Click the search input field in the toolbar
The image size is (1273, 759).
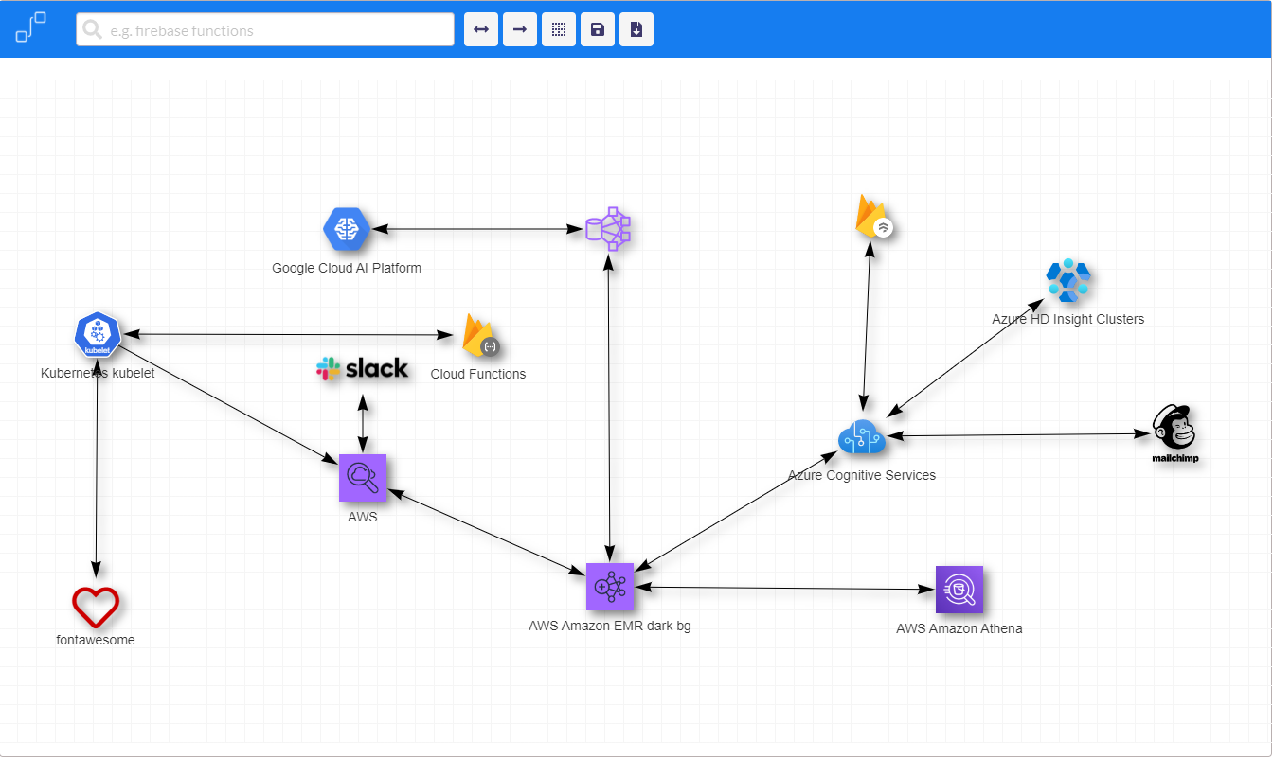(265, 30)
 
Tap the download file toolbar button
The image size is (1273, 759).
(636, 30)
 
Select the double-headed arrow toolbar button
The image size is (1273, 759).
(481, 30)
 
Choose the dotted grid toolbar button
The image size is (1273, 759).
(559, 30)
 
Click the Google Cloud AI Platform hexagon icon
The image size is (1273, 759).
(346, 229)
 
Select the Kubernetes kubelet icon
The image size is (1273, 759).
(98, 335)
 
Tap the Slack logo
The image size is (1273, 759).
(363, 369)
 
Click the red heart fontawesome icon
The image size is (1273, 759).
(96, 607)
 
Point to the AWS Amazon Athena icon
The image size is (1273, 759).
(959, 590)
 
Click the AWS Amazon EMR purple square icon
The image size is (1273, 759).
(609, 587)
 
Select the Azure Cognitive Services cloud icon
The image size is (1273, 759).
(862, 437)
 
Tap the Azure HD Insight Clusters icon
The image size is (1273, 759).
(1068, 281)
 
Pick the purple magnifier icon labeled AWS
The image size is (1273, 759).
(363, 478)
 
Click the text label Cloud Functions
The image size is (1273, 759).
(478, 374)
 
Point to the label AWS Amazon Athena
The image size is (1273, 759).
(959, 628)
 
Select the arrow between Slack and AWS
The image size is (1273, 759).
(363, 422)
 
